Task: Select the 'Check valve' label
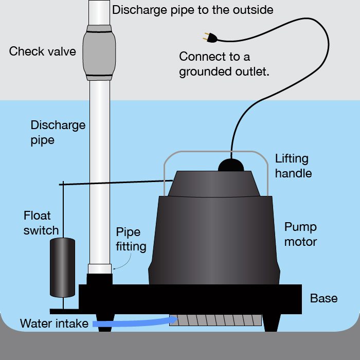(42, 51)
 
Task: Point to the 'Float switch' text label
(41, 222)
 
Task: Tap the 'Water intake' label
(53, 324)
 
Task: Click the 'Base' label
(324, 298)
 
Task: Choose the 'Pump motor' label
(301, 234)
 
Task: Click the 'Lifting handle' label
(293, 166)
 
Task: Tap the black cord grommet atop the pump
(231, 165)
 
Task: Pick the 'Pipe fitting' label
(131, 239)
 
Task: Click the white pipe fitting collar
(99, 268)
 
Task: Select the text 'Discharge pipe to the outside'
(192, 10)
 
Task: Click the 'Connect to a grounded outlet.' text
(224, 64)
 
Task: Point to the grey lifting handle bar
(216, 152)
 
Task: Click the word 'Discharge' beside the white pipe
(58, 125)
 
